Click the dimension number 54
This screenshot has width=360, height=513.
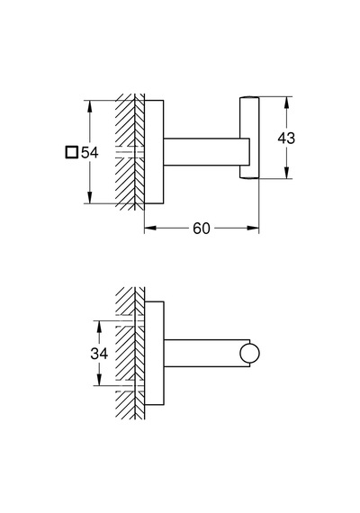click(90, 152)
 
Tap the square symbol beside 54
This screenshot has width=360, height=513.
click(72, 152)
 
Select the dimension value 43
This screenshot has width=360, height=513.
click(286, 138)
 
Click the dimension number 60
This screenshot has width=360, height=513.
click(202, 229)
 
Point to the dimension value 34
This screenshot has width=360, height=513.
click(99, 354)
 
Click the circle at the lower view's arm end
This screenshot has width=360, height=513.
click(249, 354)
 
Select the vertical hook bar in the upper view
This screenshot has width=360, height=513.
click(249, 138)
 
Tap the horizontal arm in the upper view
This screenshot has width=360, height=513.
click(206, 152)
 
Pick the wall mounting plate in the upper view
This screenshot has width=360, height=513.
click(154, 152)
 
